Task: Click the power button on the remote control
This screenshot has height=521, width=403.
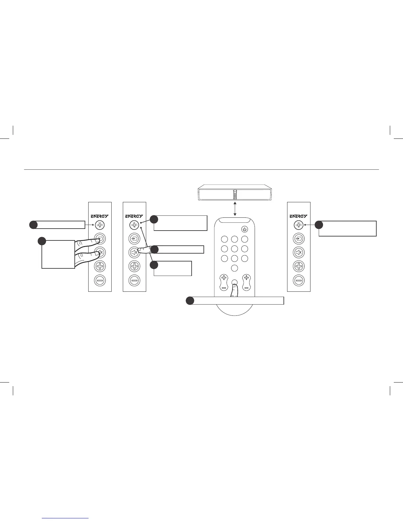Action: pyautogui.click(x=245, y=229)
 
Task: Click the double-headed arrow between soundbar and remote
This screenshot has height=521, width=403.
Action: pyautogui.click(x=235, y=209)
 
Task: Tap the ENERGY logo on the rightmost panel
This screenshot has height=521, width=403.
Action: pyautogui.click(x=299, y=216)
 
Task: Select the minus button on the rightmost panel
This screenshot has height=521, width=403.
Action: pyautogui.click(x=299, y=280)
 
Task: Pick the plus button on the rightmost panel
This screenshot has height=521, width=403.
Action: pyautogui.click(x=299, y=266)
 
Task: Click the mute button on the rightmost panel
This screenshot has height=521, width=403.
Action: pyautogui.click(x=299, y=253)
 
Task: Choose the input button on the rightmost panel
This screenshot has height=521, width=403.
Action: pyautogui.click(x=299, y=239)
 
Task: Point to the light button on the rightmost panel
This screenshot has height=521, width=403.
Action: pyautogui.click(x=299, y=225)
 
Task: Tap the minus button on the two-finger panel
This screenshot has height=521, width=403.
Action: pyautogui.click(x=100, y=280)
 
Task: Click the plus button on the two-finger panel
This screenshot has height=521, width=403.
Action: pyautogui.click(x=100, y=266)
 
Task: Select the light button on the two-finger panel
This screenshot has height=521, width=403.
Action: pyautogui.click(x=100, y=225)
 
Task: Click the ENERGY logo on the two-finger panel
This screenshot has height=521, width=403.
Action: pyautogui.click(x=100, y=216)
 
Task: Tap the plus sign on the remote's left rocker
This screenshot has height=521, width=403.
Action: pyautogui.click(x=224, y=277)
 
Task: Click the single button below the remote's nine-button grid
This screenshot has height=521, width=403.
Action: pyautogui.click(x=234, y=268)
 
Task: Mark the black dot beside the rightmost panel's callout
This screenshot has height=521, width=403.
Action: pyautogui.click(x=319, y=225)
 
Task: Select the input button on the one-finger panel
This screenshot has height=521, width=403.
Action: pyautogui.click(x=134, y=239)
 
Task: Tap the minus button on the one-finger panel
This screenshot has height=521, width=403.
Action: pyautogui.click(x=134, y=280)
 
